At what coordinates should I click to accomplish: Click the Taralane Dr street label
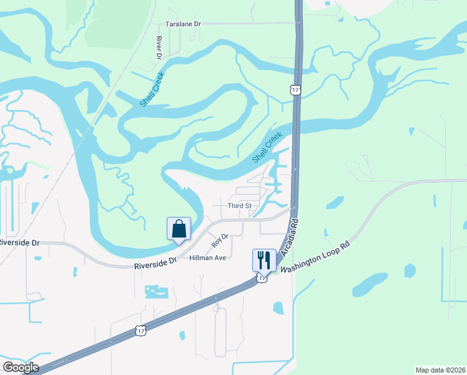tap(184, 24)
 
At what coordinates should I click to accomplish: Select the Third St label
tap(238, 205)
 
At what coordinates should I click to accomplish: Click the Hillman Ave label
tap(207, 257)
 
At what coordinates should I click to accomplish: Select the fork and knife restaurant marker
tap(264, 259)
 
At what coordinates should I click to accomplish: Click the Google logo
tap(20, 367)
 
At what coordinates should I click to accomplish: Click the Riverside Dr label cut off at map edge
tap(19, 242)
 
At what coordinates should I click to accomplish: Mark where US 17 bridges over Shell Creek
tap(295, 128)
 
